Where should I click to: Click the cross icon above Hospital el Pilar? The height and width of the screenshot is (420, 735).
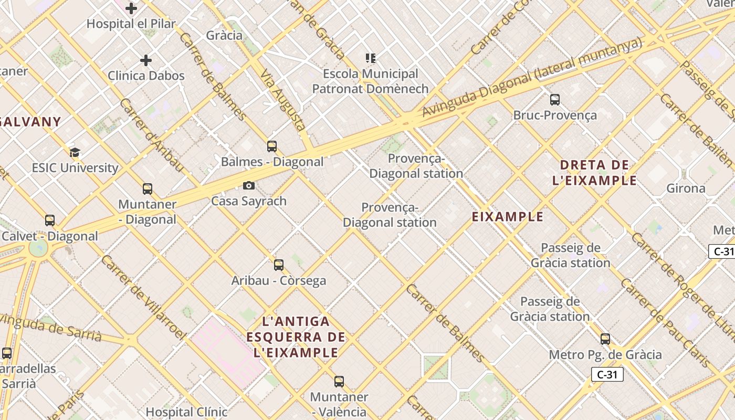click(x=131, y=8)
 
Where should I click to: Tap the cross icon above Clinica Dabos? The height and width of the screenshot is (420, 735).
click(x=146, y=60)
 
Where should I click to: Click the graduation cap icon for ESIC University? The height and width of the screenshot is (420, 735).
click(x=75, y=153)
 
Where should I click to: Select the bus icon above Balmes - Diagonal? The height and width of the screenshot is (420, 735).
click(x=271, y=146)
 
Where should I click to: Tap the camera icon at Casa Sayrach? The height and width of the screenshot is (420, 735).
click(x=249, y=185)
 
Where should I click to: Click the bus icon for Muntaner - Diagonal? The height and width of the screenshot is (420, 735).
click(x=148, y=189)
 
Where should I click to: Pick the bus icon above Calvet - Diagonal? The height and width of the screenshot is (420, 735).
click(x=50, y=220)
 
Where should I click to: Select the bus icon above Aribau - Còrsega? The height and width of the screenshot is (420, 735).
click(x=279, y=265)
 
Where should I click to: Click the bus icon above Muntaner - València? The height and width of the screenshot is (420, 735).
click(x=339, y=382)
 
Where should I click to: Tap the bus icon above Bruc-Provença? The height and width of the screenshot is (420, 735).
click(x=555, y=100)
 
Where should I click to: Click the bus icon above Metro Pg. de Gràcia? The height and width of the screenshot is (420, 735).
click(x=605, y=339)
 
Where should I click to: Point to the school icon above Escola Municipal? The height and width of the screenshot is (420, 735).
click(x=371, y=58)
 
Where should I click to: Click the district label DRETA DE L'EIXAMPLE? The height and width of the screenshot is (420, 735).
click(x=594, y=173)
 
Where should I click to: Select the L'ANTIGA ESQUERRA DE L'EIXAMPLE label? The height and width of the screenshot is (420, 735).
click(x=296, y=337)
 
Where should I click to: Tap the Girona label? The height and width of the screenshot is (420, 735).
click(x=686, y=188)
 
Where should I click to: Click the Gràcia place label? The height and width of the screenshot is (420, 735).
click(x=224, y=35)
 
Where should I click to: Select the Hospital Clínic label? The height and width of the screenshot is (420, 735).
click(x=186, y=412)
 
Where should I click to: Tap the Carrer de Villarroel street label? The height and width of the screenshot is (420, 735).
click(x=143, y=297)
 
